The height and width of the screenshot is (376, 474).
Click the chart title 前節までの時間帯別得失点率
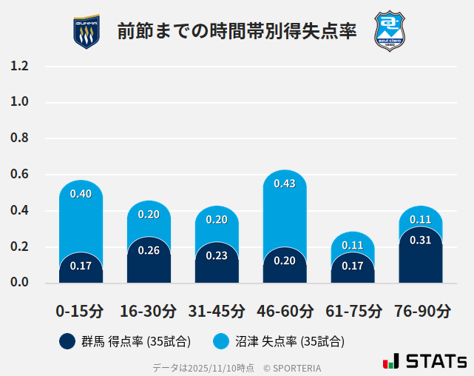[237, 31]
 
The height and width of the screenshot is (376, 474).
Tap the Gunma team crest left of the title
[87, 31]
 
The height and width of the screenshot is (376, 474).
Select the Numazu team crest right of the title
[389, 30]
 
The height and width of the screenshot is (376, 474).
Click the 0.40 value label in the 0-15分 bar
[81, 194]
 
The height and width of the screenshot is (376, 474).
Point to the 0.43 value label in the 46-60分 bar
[285, 184]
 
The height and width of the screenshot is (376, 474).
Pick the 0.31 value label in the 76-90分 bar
[420, 240]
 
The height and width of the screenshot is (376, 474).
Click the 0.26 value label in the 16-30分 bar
[149, 250]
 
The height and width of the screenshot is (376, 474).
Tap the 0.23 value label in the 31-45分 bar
[217, 255]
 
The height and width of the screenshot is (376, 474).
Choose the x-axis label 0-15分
[81, 310]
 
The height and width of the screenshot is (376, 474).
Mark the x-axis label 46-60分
[285, 310]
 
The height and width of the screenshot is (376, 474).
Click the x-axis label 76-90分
[421, 310]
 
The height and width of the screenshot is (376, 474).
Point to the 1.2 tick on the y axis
[19, 67]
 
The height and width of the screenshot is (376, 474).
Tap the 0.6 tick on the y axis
[19, 175]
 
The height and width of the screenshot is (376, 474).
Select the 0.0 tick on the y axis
[19, 283]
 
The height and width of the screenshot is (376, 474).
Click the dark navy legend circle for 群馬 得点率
[67, 341]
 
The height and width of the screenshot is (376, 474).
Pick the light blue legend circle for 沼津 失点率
[221, 341]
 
